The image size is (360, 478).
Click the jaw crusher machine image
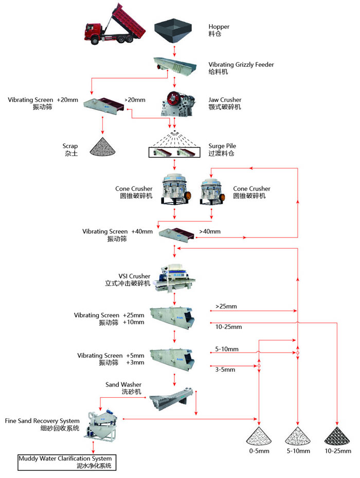(x=174, y=103)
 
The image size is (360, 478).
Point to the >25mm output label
(x=226, y=307)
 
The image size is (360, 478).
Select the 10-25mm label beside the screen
(x=228, y=326)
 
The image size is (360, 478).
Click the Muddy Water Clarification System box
(x=65, y=462)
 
